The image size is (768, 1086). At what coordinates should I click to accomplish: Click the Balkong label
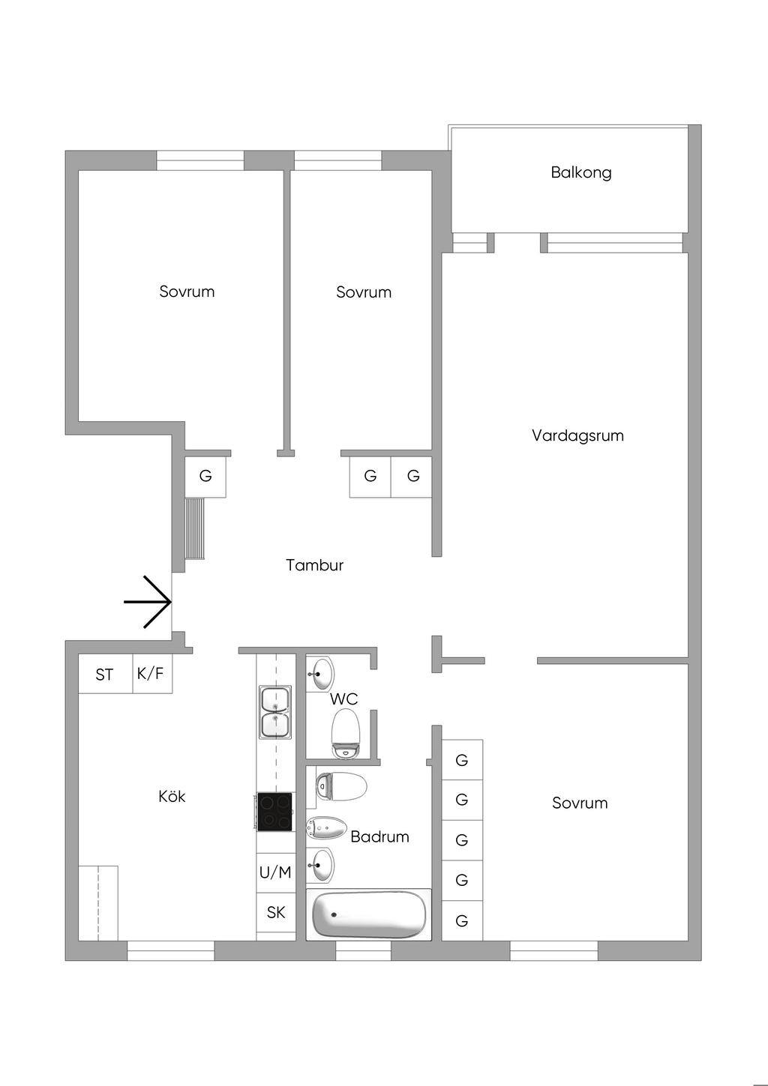[x=581, y=172]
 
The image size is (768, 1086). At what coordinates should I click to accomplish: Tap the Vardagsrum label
[x=577, y=435]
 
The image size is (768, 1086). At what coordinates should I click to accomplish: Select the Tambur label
[x=314, y=565]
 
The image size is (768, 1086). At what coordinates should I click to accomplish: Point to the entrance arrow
[x=148, y=602]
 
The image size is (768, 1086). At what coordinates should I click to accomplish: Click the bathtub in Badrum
[x=369, y=914]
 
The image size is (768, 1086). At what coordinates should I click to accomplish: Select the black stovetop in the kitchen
[x=275, y=812]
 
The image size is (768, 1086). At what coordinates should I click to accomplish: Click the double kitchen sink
[x=275, y=711]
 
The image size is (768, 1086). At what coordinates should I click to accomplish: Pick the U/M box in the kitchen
[x=275, y=872]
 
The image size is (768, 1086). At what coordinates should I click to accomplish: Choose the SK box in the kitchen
[x=276, y=912]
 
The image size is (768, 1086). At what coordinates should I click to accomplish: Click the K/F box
[x=150, y=673]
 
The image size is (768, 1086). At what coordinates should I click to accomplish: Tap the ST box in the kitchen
[x=105, y=675]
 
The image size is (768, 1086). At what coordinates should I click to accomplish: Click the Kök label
[x=172, y=796]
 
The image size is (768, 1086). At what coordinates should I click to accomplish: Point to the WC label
[x=344, y=699]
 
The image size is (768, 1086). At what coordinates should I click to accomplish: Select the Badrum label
[x=379, y=836]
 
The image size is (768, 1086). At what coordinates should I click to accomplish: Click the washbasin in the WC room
[x=321, y=673]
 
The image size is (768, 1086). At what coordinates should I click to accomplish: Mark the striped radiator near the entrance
[x=195, y=528]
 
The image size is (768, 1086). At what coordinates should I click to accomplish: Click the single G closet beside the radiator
[x=205, y=476]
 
